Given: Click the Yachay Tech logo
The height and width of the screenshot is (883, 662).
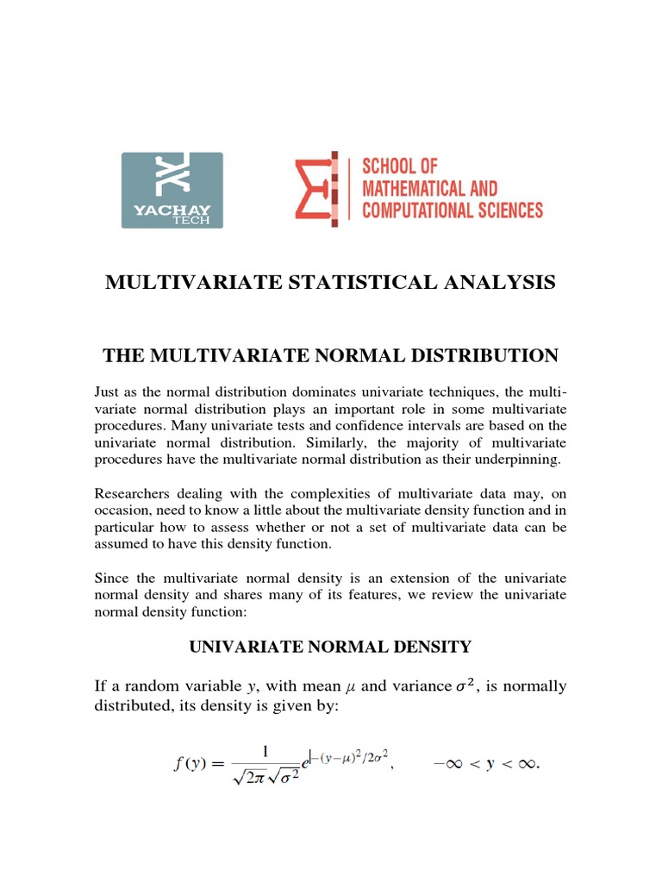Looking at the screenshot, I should tap(172, 190).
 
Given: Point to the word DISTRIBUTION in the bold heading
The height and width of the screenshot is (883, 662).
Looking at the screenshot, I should tap(476, 355).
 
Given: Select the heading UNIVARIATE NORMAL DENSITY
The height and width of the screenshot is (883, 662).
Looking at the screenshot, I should tap(330, 645).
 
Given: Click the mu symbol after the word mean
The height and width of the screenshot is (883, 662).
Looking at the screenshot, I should tap(350, 687).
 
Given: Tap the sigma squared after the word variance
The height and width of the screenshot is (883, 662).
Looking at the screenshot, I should tap(465, 686).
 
